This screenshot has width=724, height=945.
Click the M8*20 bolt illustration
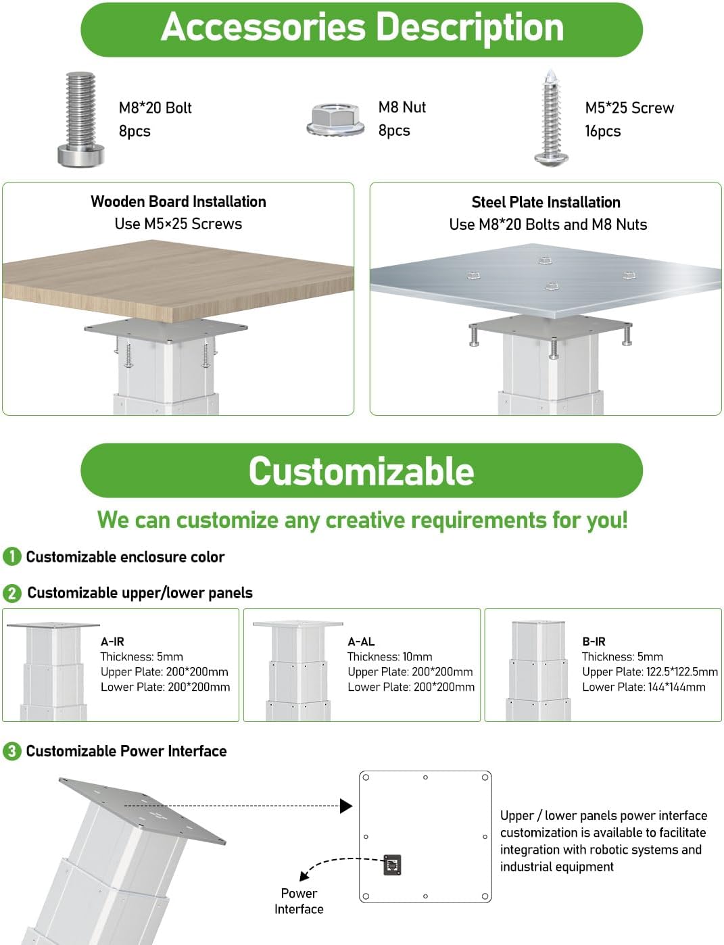[x=81, y=119]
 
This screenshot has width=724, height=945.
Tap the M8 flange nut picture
[x=335, y=120]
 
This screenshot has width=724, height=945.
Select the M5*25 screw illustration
[x=551, y=118]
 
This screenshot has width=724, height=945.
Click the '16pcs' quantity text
[x=603, y=131]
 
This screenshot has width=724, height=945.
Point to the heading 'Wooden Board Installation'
[x=178, y=202]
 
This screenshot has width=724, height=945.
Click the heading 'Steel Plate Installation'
[x=546, y=202]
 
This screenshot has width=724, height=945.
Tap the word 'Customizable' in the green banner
[x=362, y=471]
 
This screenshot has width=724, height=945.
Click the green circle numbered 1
[x=12, y=556]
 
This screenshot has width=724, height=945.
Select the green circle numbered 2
[x=12, y=593]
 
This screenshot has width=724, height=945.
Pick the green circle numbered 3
[x=12, y=751]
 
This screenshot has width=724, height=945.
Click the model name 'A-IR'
[x=113, y=641]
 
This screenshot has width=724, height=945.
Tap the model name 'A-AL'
[x=361, y=641]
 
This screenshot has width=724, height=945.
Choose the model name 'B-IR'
[x=594, y=641]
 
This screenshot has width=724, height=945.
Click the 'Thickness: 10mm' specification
[x=389, y=656]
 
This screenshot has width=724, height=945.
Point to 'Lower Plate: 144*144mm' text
[x=644, y=687]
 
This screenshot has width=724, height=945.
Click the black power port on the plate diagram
[x=392, y=865]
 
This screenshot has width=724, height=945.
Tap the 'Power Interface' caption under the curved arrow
[x=299, y=901]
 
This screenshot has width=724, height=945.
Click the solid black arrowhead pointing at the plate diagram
[x=346, y=806]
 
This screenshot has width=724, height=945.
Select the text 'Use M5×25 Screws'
[x=178, y=224]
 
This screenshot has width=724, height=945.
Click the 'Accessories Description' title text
[x=362, y=27]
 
